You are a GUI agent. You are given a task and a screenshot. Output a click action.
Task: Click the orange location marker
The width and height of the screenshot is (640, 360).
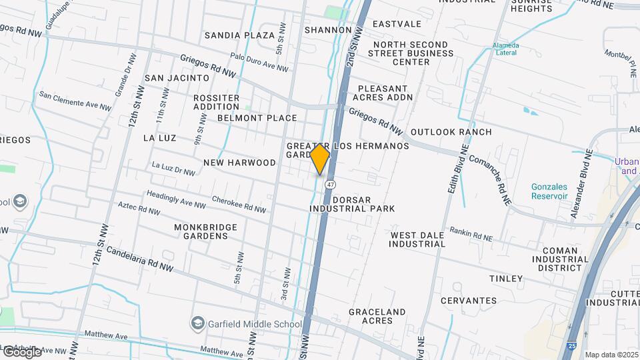[320, 159]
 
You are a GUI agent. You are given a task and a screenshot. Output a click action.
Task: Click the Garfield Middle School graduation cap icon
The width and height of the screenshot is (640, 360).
[197, 324]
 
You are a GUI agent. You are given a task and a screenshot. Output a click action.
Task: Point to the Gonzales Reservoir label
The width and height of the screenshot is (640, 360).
[549, 191]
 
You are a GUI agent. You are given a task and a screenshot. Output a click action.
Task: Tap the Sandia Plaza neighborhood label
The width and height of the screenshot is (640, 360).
[239, 35]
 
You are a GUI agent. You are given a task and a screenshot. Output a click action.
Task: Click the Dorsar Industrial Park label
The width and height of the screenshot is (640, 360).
[352, 203]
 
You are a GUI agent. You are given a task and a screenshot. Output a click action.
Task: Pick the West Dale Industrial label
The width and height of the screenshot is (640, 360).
[418, 239]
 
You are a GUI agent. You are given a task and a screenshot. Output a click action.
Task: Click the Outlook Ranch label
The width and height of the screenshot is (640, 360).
[451, 132]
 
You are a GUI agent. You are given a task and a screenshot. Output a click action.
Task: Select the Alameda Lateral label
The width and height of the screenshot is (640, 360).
[506, 50]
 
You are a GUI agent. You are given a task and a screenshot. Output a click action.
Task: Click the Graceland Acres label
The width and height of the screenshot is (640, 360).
[377, 316]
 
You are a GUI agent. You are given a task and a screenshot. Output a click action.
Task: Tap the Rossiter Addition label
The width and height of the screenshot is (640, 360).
[216, 102]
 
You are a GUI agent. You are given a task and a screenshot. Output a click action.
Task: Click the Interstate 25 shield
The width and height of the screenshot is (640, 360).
[572, 346]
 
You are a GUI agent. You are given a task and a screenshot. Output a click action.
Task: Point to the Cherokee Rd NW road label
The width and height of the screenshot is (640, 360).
[239, 204]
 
